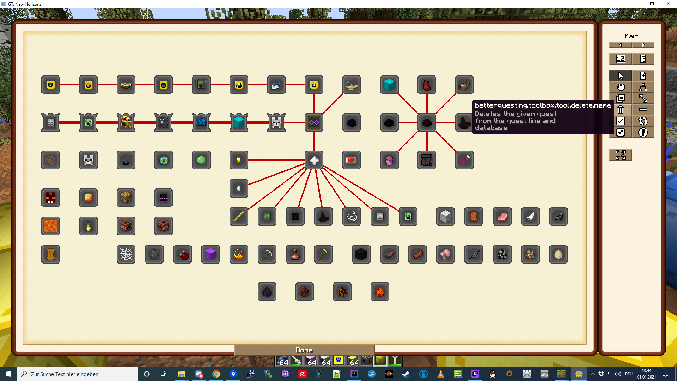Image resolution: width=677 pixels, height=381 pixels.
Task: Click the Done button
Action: pos(304,350)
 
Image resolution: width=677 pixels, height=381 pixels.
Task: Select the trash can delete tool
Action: pos(621,110)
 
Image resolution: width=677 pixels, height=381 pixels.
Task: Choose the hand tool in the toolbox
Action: pos(621,87)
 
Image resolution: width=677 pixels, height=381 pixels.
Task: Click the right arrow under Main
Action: pos(643,45)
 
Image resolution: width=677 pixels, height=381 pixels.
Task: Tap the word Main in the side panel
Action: pos(631,36)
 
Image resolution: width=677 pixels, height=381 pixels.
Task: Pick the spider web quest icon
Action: pos(126,254)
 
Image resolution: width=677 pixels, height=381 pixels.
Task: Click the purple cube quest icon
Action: pos(211,254)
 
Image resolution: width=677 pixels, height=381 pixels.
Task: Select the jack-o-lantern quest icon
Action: pos(239,254)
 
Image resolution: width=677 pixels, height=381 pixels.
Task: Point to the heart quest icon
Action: pos(352,160)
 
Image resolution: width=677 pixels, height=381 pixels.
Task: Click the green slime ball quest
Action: pos(201,160)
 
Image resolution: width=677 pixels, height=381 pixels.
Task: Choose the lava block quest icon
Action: pos(51,226)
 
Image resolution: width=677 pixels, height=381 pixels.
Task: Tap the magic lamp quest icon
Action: pos(352,85)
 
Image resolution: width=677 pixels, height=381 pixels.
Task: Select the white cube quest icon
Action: pos(445,217)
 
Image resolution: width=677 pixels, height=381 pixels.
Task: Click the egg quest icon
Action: pos(558,254)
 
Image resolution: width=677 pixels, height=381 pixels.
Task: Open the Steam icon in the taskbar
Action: pos(406,374)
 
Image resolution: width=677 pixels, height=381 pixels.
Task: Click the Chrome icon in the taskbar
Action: pos(216,374)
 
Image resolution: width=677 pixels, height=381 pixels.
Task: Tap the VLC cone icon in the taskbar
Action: pos(440,374)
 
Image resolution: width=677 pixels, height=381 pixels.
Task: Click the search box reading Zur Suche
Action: pos(78,374)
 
